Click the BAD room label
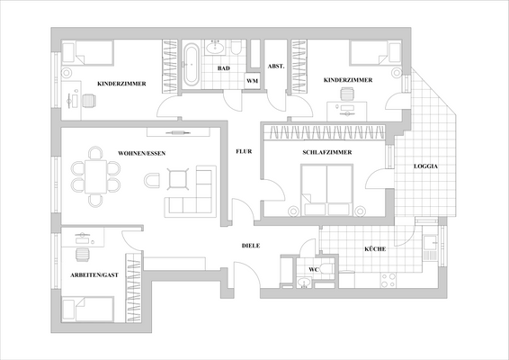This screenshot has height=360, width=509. point(221,67)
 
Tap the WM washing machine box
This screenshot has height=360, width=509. point(253,81)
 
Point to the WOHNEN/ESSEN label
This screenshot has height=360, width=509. point(141,153)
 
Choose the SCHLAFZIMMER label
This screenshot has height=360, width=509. point(326,153)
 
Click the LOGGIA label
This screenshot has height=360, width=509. point(426,167)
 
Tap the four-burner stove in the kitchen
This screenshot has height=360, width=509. point(391,281)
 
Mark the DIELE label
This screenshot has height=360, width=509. point(251,246)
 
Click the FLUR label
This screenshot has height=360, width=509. point(244,153)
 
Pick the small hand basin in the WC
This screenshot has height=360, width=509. point(304,283)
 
